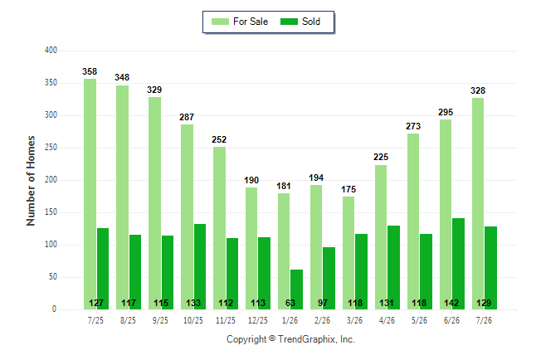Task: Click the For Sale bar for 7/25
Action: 90,194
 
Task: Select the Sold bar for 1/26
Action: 296,289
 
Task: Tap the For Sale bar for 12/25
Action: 251,249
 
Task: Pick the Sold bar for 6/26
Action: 458,264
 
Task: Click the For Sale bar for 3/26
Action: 348,253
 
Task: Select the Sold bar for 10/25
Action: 200,266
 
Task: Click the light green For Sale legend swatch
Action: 220,22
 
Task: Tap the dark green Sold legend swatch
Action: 290,22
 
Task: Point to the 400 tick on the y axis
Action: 51,51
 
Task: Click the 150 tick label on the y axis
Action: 51,212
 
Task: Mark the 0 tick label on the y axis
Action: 54,309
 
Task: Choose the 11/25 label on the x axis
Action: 226,320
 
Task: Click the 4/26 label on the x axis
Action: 387,320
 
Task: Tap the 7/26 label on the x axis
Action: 484,320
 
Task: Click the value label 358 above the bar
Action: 90,71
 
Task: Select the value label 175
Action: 348,189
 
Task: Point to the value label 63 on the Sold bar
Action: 290,303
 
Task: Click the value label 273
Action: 413,126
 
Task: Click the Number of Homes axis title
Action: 31,181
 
